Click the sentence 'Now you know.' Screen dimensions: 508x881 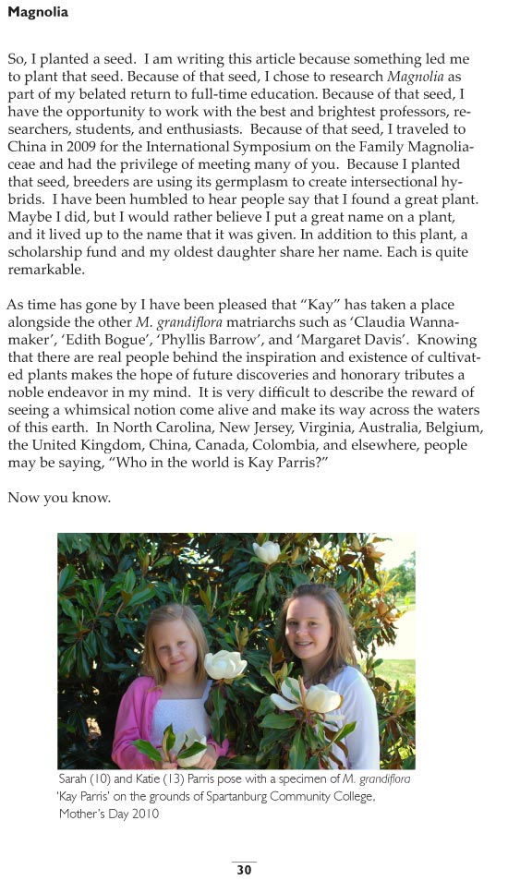coord(59,498)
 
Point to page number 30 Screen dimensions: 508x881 coord(244,869)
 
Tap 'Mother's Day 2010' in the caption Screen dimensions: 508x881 coord(109,814)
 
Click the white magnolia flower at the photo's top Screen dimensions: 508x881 coord(268,551)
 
